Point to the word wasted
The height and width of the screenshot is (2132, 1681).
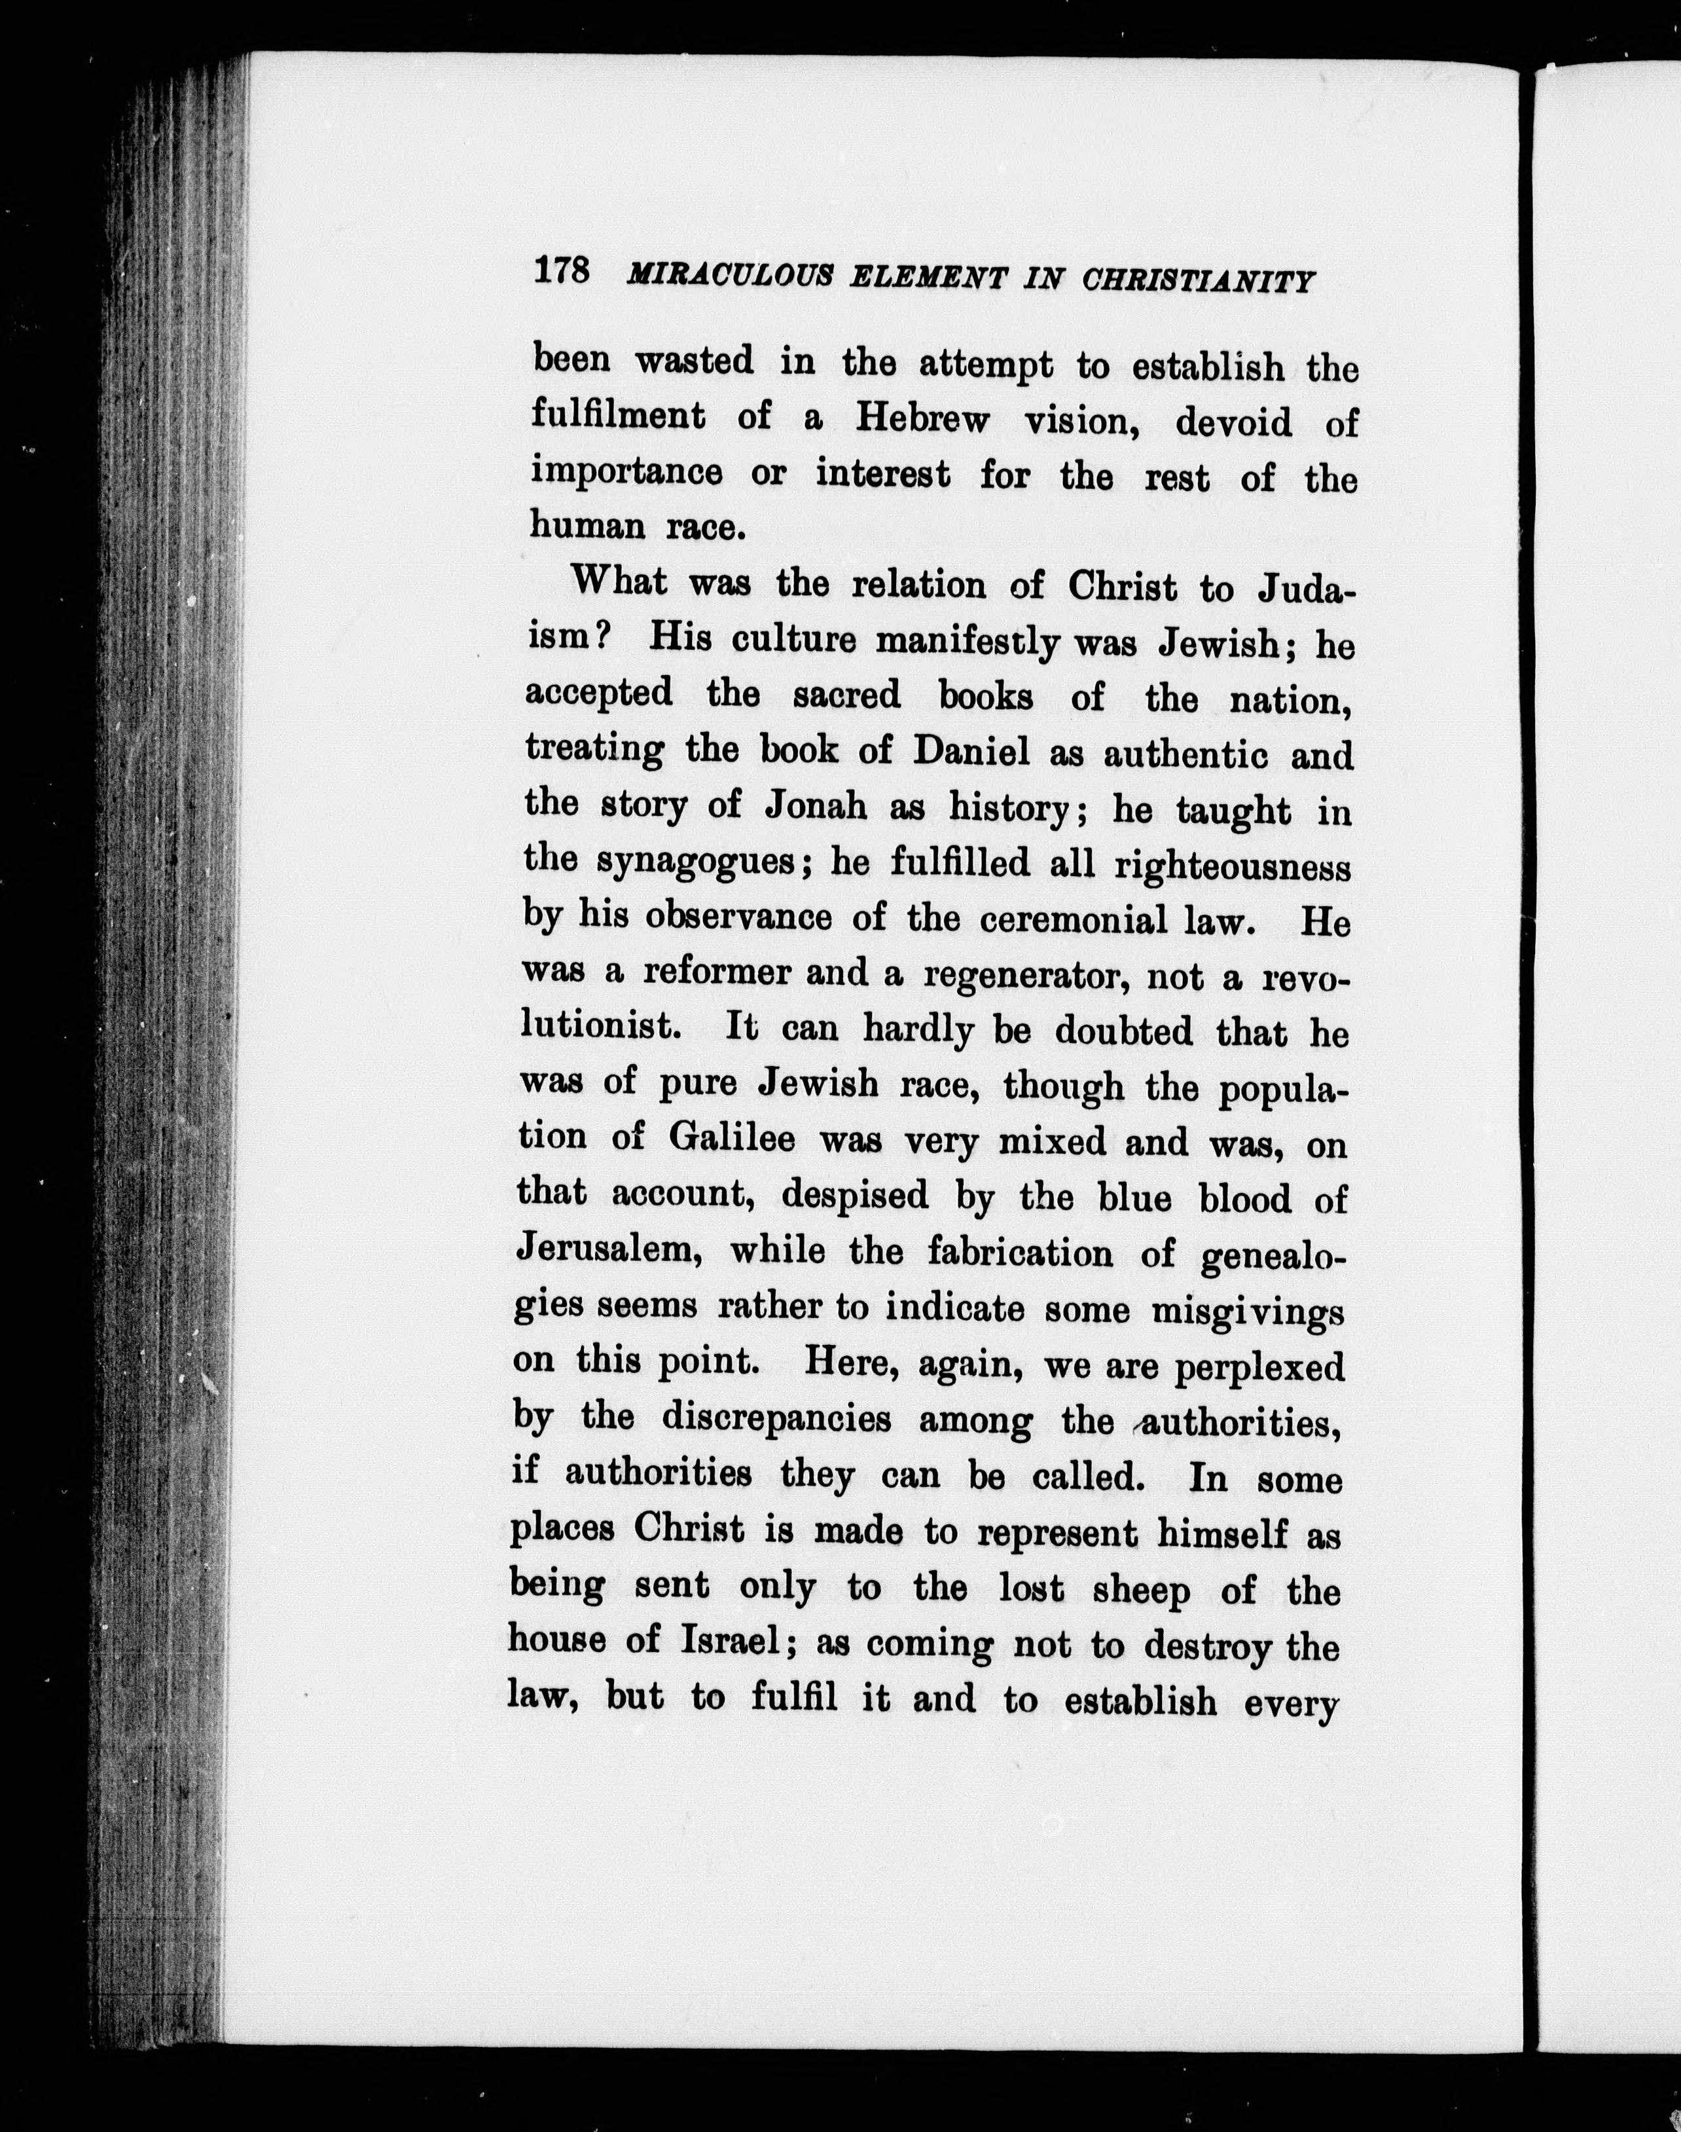pyautogui.click(x=694, y=361)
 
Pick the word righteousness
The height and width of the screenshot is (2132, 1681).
pyautogui.click(x=1232, y=867)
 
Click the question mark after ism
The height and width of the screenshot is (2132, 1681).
pyautogui.click(x=606, y=637)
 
